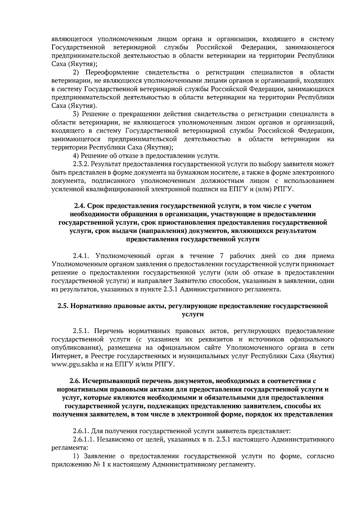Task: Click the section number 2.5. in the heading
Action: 63,306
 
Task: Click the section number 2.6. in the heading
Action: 75,381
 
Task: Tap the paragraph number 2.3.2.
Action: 81,164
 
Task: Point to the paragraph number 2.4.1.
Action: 81,256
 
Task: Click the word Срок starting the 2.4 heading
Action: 95,206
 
